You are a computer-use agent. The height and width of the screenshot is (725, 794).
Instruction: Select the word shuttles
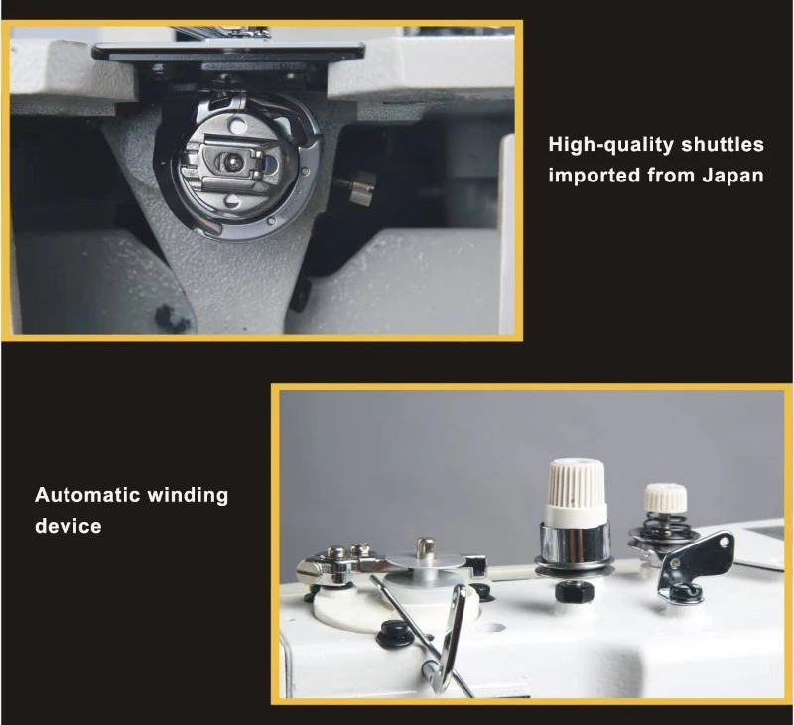coord(723,144)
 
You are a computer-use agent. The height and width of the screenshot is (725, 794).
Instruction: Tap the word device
coord(68,527)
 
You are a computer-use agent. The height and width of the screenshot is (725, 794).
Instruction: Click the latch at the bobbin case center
coord(233,163)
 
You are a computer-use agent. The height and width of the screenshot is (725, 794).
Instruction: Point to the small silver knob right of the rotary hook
coord(360,187)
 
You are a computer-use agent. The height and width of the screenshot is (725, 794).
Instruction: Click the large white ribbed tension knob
coord(576,490)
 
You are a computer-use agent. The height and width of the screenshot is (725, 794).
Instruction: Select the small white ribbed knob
coord(665,498)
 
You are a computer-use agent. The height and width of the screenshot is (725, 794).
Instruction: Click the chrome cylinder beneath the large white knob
coord(575,544)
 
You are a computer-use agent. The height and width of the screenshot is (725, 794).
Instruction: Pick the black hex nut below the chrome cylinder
coord(574,591)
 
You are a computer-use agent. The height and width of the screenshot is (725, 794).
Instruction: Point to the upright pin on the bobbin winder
coord(426,547)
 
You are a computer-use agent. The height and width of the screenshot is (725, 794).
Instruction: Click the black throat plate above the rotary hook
coord(229,51)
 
